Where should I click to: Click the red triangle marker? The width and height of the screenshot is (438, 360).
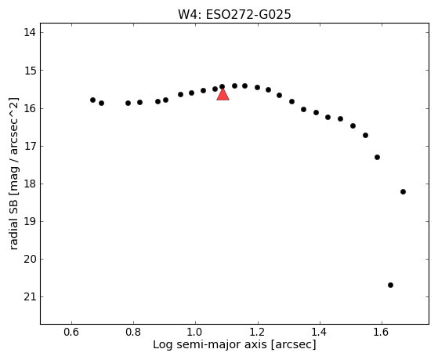point(223,95)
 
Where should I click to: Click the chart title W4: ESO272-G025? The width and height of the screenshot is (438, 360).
point(234,15)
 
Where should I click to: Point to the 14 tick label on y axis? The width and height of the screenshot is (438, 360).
point(30,32)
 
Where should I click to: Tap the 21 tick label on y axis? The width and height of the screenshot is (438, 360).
point(30,296)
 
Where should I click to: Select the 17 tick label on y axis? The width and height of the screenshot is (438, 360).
point(30,146)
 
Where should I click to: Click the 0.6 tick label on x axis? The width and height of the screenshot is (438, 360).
point(71,332)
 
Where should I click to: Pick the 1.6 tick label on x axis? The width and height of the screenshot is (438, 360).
point(382,332)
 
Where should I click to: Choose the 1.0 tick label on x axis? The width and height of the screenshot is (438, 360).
point(195,332)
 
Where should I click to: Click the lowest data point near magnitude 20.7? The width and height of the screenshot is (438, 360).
point(390,285)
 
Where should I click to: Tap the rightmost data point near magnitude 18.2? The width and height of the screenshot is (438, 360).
point(403,191)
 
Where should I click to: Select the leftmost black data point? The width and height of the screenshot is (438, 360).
point(92,100)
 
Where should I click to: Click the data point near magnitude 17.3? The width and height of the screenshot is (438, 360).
point(377,157)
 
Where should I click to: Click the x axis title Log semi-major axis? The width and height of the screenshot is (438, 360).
point(210,344)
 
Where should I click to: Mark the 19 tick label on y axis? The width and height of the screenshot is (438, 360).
point(30,221)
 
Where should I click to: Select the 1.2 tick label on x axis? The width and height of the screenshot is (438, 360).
point(257,332)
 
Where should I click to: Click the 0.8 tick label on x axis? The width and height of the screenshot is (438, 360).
point(133,332)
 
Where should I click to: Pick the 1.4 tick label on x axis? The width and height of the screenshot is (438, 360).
point(319,332)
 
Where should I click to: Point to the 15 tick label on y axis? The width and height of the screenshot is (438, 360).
point(30,71)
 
